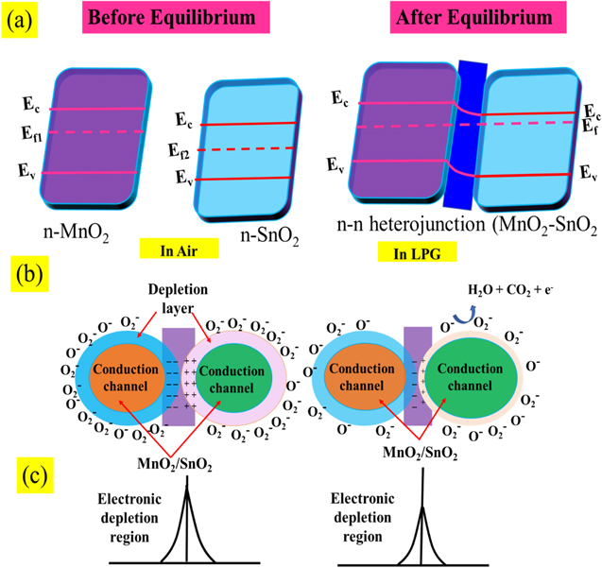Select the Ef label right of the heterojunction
[588, 125]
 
